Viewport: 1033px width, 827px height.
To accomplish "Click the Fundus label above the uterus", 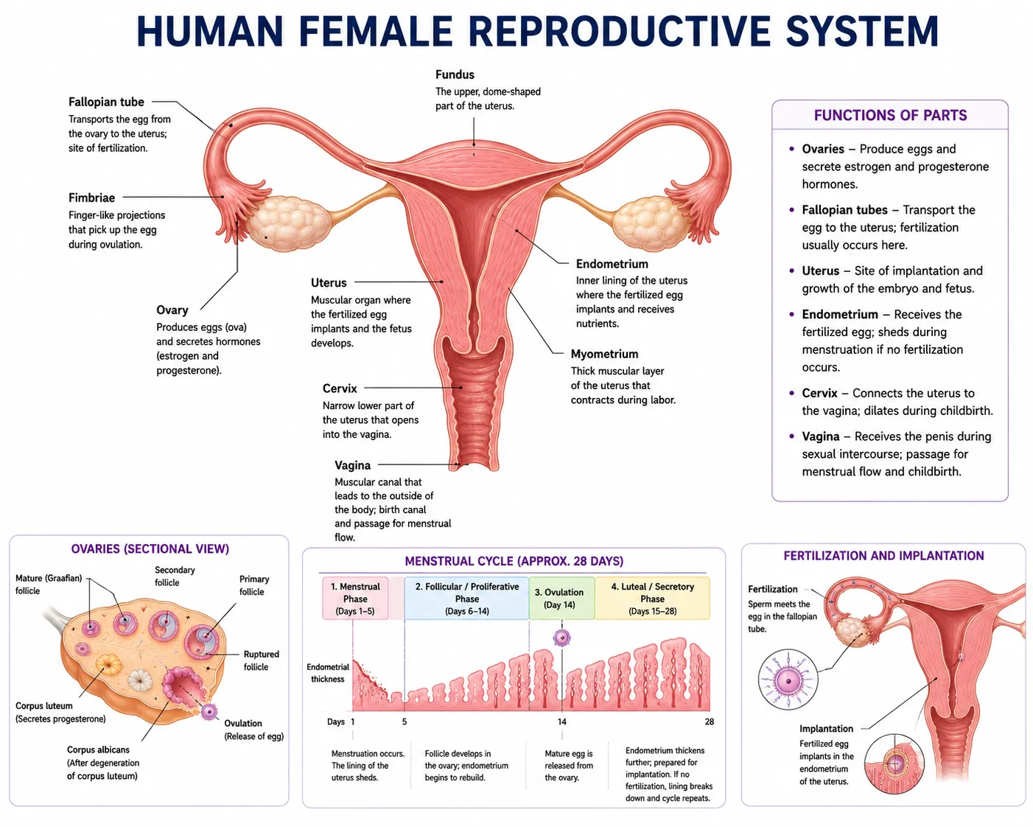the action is [x=454, y=74].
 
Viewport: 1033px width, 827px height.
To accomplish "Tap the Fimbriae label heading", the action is [x=91, y=198].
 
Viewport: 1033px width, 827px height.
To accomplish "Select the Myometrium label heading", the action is [x=604, y=354].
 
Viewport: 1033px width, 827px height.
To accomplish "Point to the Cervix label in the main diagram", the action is [x=340, y=388].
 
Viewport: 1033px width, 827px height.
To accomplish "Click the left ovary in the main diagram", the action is [x=290, y=223].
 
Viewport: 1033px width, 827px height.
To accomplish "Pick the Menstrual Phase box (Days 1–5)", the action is [x=354, y=598].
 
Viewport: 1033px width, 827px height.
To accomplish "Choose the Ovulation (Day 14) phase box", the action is [x=561, y=598].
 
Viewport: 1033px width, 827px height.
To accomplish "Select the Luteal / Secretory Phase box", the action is [x=652, y=598].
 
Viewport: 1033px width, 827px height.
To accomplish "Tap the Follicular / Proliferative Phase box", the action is [x=466, y=598].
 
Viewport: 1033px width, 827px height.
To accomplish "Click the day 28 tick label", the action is [x=709, y=722].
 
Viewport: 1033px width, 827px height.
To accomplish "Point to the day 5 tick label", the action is [x=405, y=722].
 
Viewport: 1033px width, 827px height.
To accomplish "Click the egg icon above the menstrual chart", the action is [x=561, y=638].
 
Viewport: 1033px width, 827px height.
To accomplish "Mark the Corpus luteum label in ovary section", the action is [x=44, y=705].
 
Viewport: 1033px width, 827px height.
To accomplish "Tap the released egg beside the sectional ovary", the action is [x=209, y=711].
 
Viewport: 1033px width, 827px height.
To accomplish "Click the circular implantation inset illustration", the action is [x=894, y=764].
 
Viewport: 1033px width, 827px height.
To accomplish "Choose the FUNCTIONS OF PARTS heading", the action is [x=890, y=115].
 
